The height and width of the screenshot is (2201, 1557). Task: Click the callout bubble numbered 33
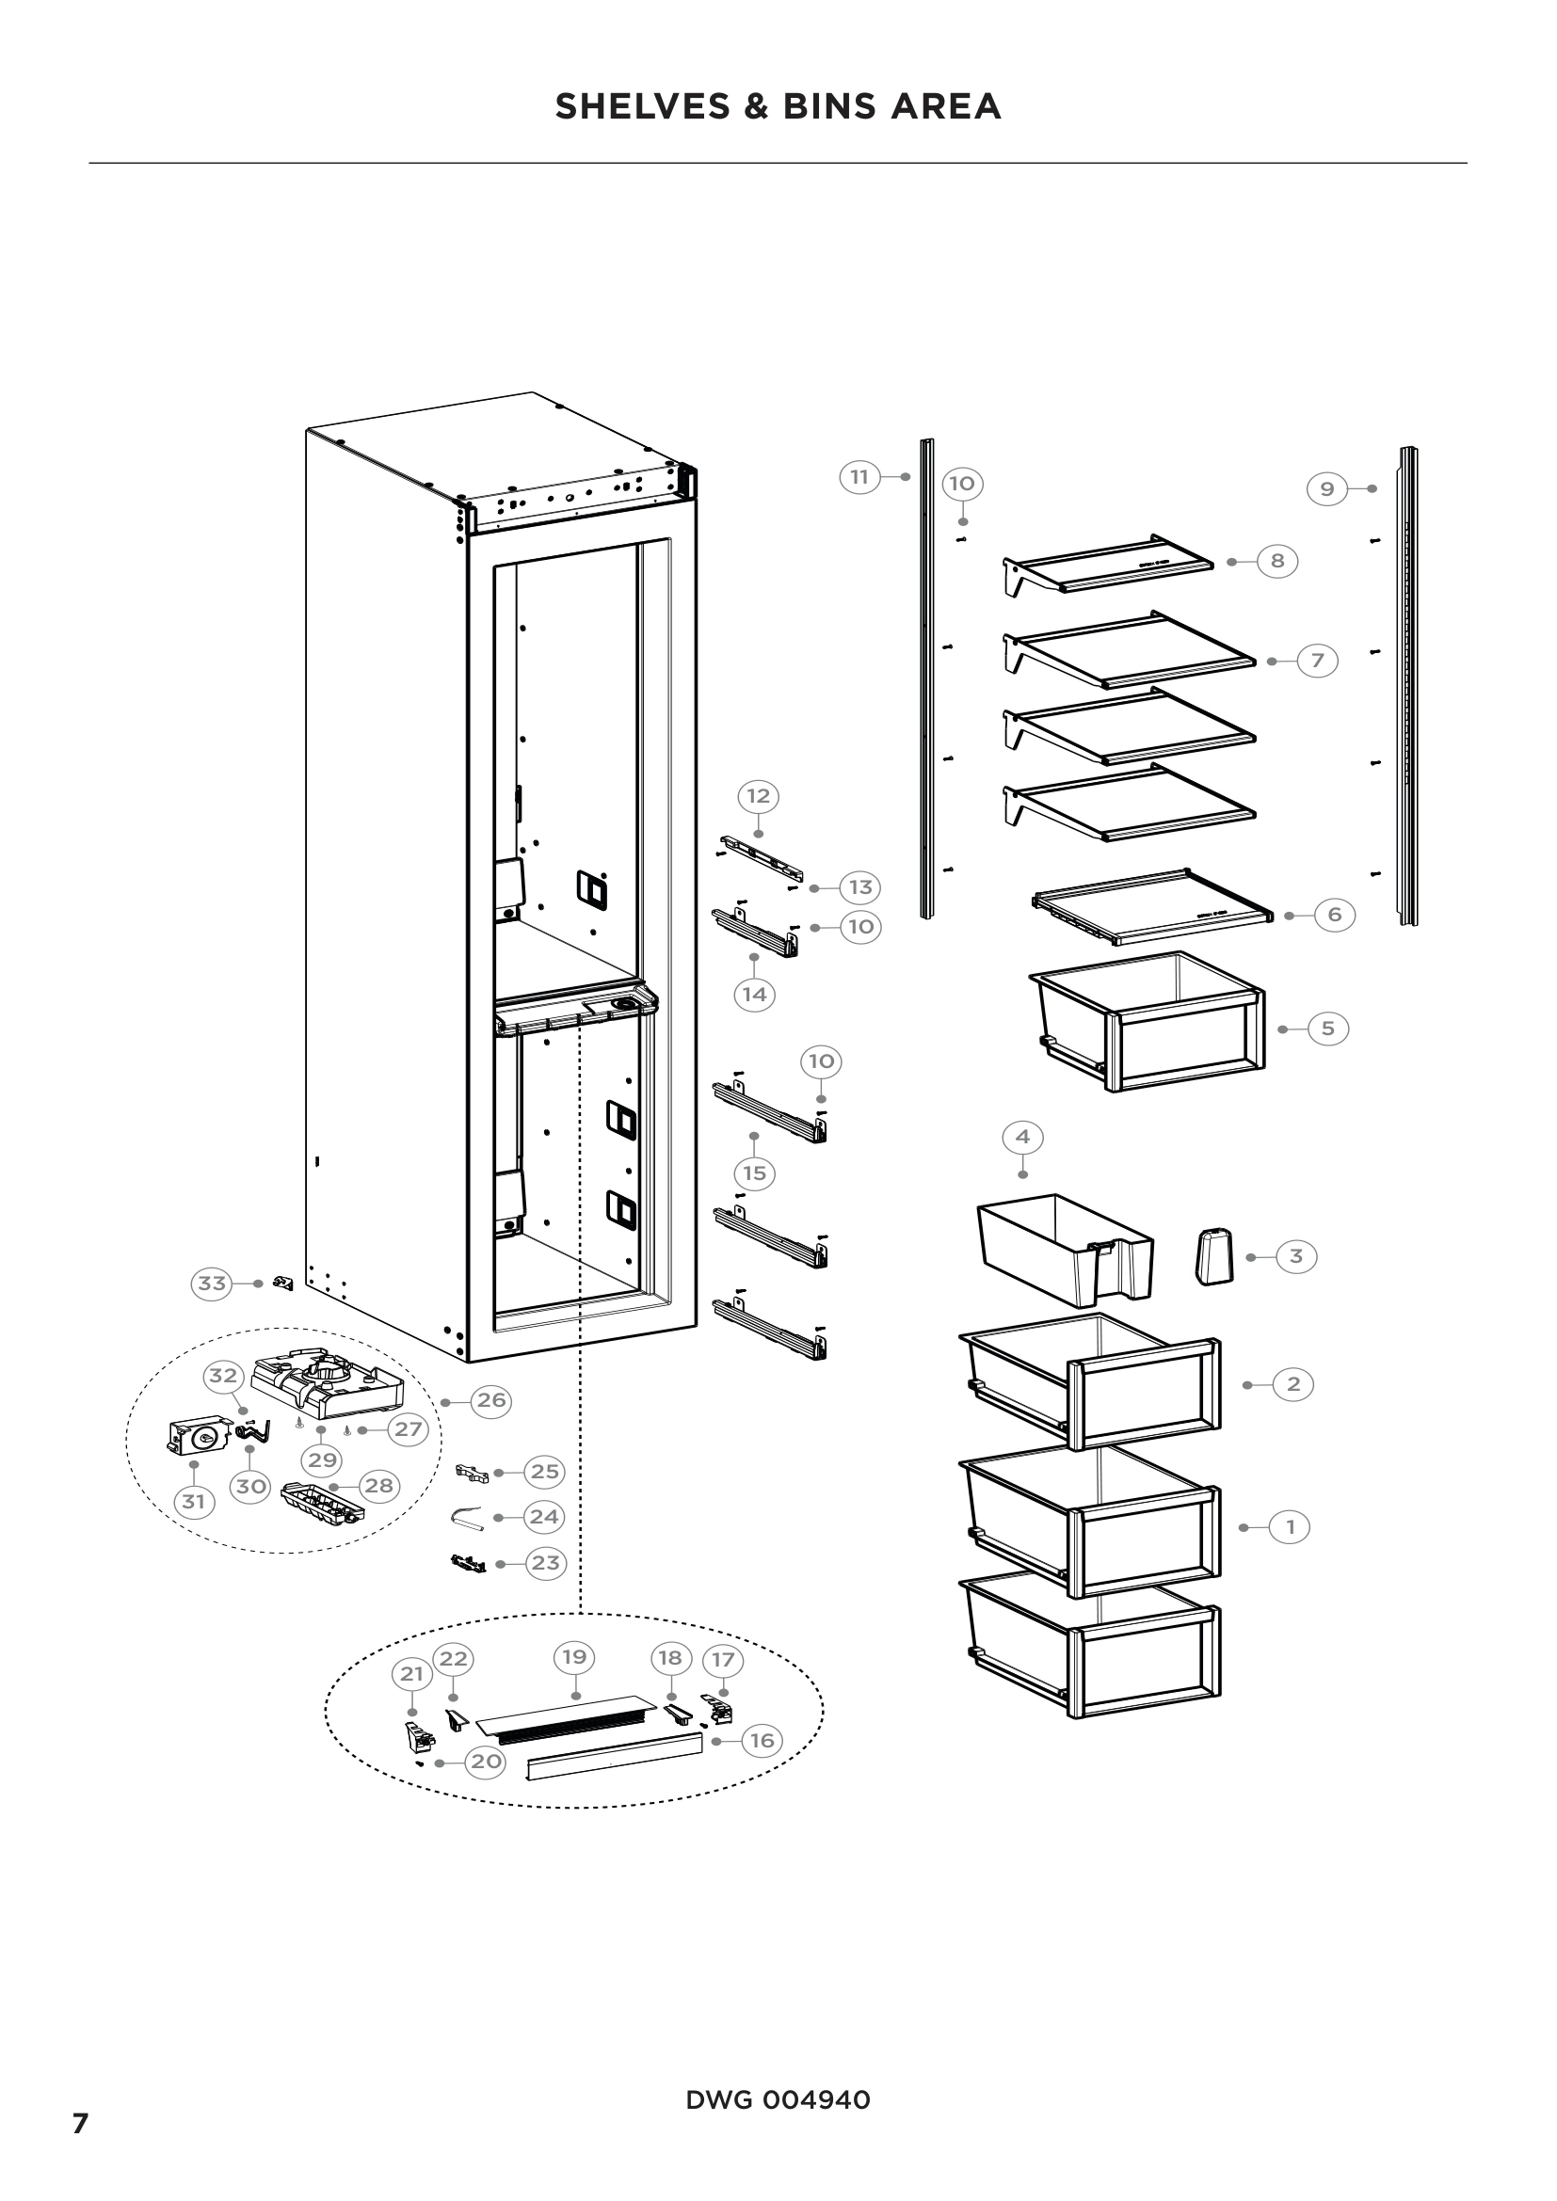coord(212,1283)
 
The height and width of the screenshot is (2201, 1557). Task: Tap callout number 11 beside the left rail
coord(860,476)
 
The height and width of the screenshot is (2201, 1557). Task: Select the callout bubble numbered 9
coord(1327,489)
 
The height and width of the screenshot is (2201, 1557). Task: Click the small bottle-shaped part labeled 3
coord(1213,1257)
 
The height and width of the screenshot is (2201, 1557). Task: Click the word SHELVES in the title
coord(642,106)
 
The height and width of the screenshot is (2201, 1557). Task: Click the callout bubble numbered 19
coord(574,1656)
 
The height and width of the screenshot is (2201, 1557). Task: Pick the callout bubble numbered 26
coord(491,1400)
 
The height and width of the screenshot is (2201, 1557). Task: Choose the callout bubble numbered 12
coord(759,796)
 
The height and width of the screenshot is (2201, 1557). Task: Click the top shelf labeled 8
coord(1107,565)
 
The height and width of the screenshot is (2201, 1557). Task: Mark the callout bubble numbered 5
coord(1328,1029)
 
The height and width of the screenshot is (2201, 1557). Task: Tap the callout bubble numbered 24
coord(544,1517)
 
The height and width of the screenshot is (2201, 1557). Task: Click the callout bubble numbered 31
coord(194,1501)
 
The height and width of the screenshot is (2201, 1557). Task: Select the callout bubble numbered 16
coord(762,1740)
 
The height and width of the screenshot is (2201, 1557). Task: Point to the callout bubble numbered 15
coord(755,1172)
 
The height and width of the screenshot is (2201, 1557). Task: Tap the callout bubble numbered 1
coord(1290,1526)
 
